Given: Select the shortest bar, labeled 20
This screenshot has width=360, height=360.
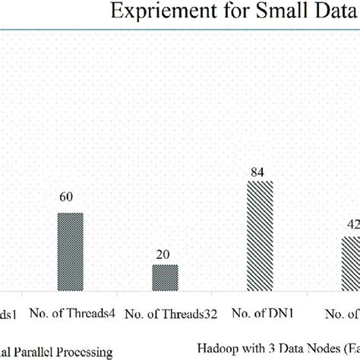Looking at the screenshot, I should click(165, 277).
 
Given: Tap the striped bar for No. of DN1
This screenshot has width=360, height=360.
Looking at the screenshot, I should click(259, 237).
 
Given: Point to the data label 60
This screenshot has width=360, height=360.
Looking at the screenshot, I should click(67, 197).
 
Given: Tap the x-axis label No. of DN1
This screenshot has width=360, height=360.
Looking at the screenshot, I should click(262, 312).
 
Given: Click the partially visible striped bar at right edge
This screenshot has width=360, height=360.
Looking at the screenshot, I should click(350, 263).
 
